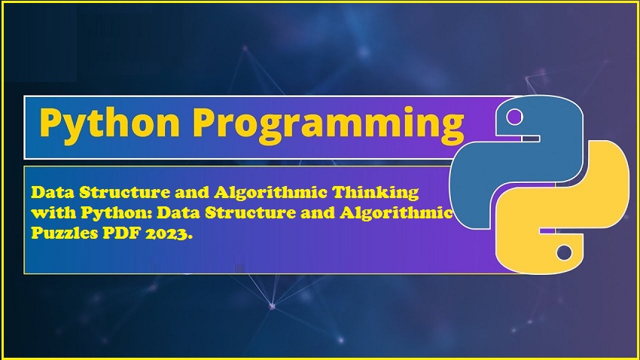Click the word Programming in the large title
coord(328,124)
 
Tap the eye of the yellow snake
coord(564,252)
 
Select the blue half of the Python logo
coord(517,163)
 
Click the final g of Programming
coord(453,129)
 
